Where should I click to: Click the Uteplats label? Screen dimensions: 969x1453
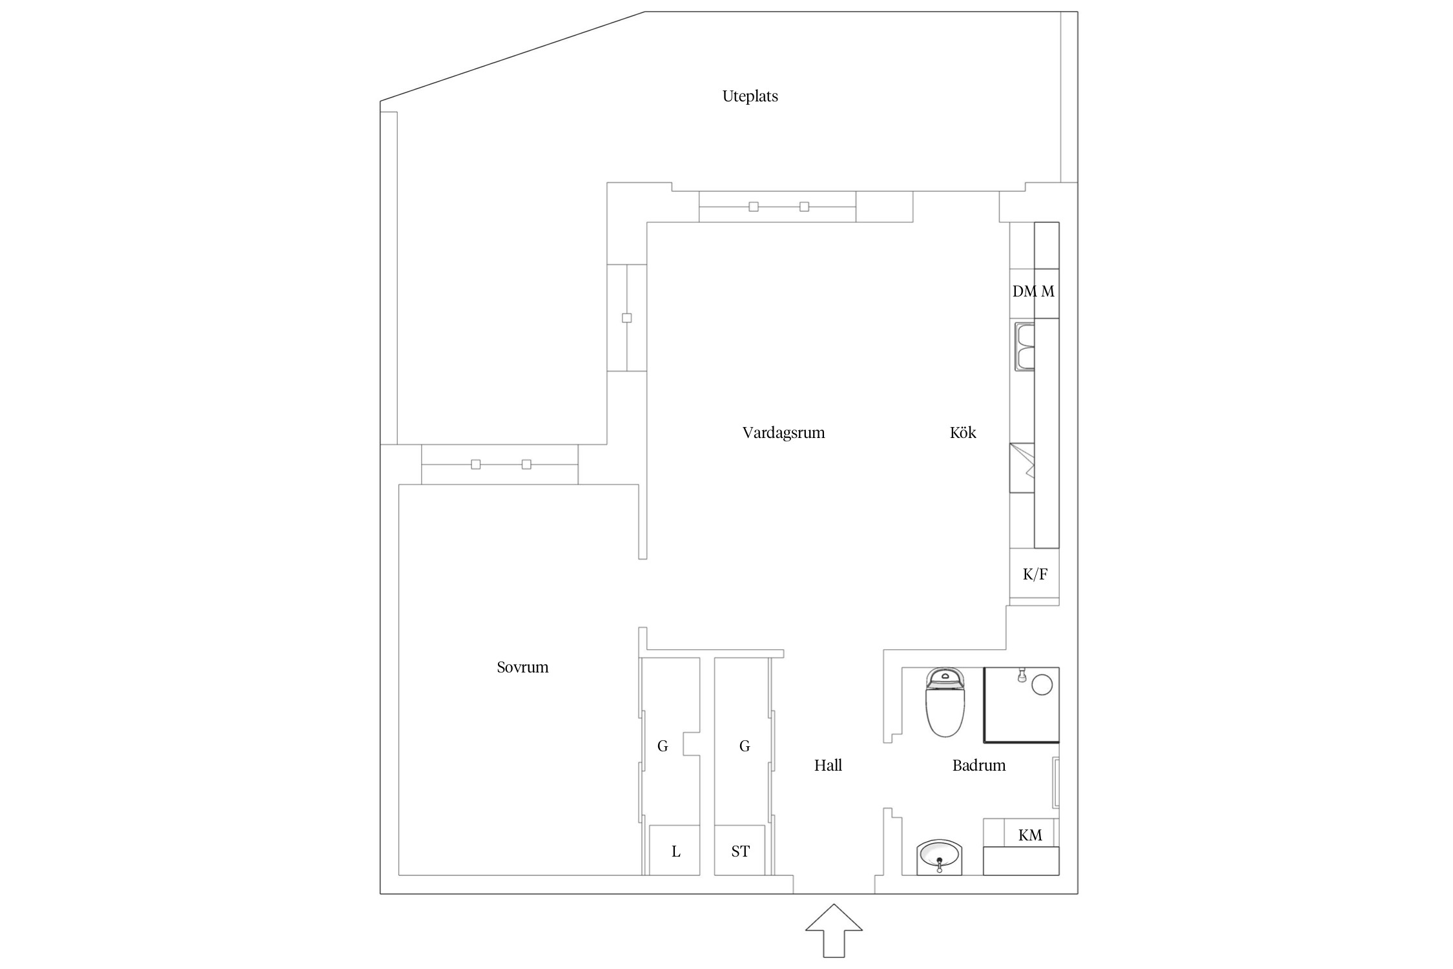click(x=750, y=96)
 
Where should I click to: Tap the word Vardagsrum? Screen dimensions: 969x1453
click(x=783, y=433)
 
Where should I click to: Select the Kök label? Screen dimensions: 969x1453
click(x=962, y=433)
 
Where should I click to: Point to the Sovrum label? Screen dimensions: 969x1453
click(x=522, y=667)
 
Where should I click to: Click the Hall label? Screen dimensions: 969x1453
click(x=828, y=766)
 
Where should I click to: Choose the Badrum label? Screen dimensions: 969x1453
click(x=978, y=766)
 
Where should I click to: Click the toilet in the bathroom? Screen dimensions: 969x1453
click(x=945, y=703)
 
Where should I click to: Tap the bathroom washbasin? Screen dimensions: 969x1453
click(x=939, y=857)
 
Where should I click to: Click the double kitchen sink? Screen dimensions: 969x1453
click(x=1025, y=347)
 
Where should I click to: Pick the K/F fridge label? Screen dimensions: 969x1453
click(x=1035, y=574)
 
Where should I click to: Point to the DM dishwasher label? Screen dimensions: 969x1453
click(x=1024, y=291)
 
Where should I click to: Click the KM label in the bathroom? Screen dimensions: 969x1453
click(x=1030, y=835)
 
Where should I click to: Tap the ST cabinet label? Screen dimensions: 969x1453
click(x=740, y=851)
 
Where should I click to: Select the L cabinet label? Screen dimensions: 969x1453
click(x=675, y=851)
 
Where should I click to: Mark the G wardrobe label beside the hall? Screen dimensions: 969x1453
click(x=744, y=747)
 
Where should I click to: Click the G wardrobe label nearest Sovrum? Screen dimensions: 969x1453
click(x=663, y=747)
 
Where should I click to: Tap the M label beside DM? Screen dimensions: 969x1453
click(x=1047, y=291)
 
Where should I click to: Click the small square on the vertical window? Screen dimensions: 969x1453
click(x=626, y=318)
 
